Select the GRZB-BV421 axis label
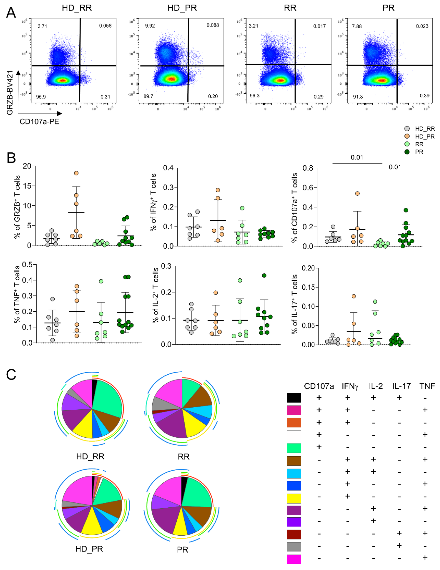pos(10,93)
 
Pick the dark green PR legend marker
pos(407,152)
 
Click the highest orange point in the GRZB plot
pos(76,173)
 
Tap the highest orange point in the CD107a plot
pos(357,193)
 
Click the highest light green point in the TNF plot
pos(101,281)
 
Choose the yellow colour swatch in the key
pos(294,499)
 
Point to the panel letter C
pos(11,374)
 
